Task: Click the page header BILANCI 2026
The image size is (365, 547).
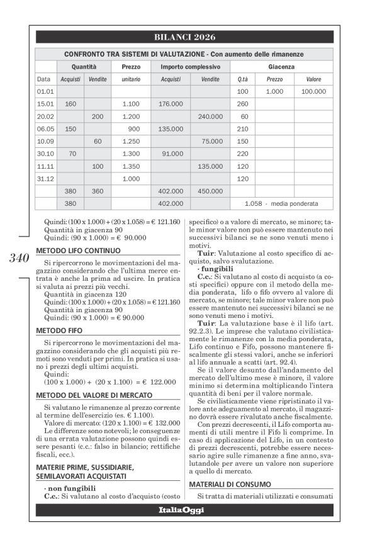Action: tap(184, 37)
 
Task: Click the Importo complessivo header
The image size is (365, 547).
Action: tap(190, 66)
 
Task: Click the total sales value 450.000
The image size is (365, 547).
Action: tap(210, 191)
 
